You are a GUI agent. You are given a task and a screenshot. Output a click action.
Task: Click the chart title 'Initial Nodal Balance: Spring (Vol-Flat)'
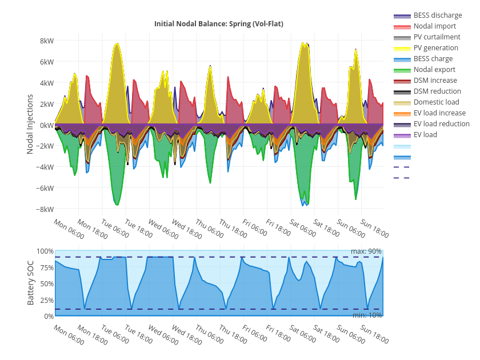(x=218, y=24)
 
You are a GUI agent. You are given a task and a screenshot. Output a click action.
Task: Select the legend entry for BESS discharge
(x=438, y=15)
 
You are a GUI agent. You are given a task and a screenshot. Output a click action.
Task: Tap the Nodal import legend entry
(x=435, y=26)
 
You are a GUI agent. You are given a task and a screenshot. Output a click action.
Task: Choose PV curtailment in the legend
(x=437, y=37)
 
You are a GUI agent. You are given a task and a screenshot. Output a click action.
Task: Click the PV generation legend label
(x=435, y=48)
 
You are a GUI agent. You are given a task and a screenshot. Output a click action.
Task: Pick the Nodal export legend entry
(x=434, y=70)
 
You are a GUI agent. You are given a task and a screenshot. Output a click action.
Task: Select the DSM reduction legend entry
(x=437, y=91)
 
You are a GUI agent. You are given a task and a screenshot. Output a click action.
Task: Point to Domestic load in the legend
(x=436, y=102)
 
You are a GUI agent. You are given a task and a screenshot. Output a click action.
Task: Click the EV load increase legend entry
(x=439, y=113)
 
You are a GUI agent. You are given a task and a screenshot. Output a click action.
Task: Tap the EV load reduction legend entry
(x=441, y=124)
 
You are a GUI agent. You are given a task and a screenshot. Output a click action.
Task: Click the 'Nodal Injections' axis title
(x=31, y=124)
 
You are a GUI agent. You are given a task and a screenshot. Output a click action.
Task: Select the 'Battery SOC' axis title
(x=31, y=283)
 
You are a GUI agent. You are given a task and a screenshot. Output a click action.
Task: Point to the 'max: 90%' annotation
(x=366, y=251)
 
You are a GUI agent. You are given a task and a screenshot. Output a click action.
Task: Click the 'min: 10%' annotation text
(x=366, y=315)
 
